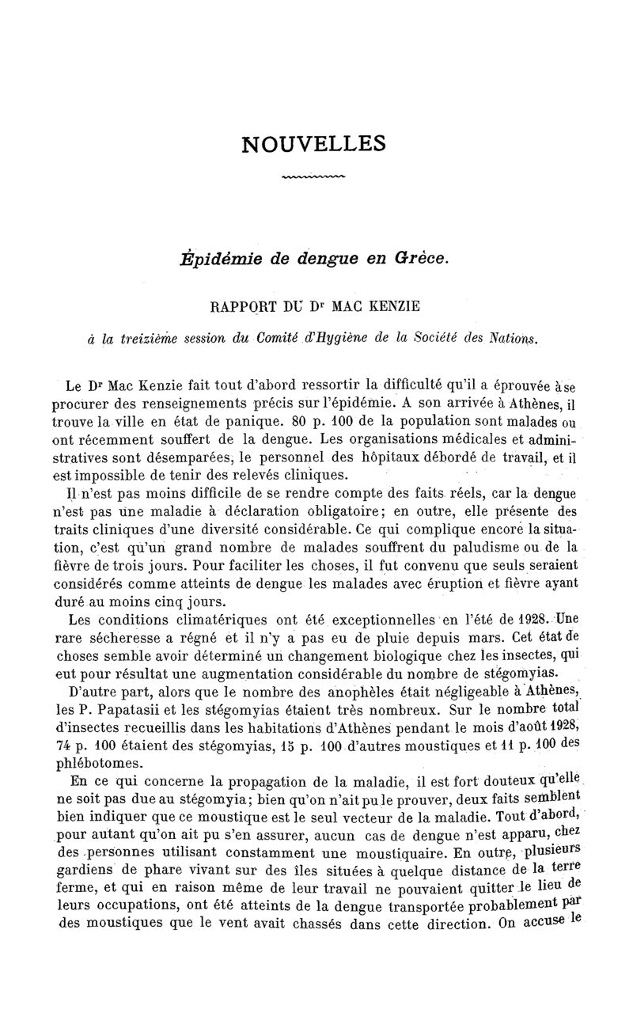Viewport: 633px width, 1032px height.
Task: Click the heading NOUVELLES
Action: click(x=314, y=143)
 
